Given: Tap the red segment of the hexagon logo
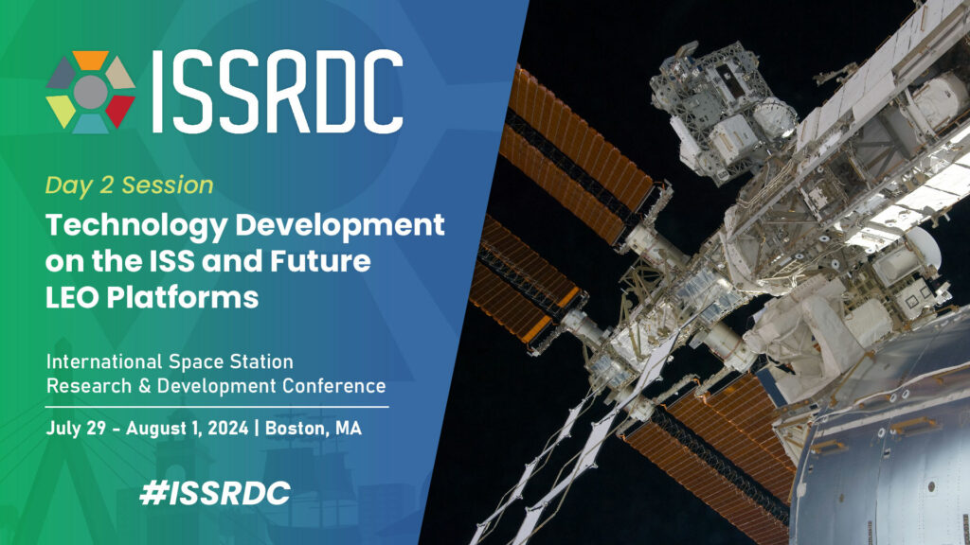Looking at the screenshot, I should (x=120, y=109).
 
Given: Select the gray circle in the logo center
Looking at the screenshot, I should (x=91, y=91).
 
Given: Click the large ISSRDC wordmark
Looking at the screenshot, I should (x=275, y=91).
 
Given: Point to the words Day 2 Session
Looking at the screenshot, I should (x=130, y=185).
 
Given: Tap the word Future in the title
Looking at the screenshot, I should (x=319, y=261).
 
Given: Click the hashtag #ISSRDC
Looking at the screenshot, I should (x=213, y=492).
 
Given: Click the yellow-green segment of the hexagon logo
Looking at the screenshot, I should (x=62, y=109).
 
